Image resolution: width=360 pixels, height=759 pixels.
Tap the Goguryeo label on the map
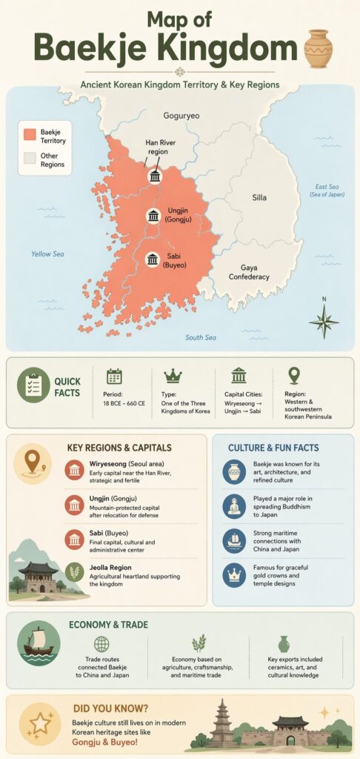coord(181,116)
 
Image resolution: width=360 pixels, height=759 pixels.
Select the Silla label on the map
coord(259,198)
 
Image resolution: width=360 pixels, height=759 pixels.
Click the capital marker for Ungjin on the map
coord(153,216)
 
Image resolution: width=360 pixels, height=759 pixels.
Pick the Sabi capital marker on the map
coord(153,259)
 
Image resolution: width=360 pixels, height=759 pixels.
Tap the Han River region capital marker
coord(155,176)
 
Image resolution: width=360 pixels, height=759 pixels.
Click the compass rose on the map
coord(323,320)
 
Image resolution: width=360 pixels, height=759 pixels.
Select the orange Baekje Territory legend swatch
coord(30,134)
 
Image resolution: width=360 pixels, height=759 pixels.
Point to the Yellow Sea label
coord(47,254)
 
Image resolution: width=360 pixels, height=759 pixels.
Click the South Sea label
coord(200,338)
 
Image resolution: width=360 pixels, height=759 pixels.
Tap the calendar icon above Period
coord(114,376)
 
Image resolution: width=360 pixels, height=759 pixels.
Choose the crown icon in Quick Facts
coord(173,376)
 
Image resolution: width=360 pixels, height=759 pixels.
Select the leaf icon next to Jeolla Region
coord(74,571)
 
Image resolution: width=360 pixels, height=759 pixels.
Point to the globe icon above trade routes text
coord(101,644)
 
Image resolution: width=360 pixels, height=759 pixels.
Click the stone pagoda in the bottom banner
coord(221,721)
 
